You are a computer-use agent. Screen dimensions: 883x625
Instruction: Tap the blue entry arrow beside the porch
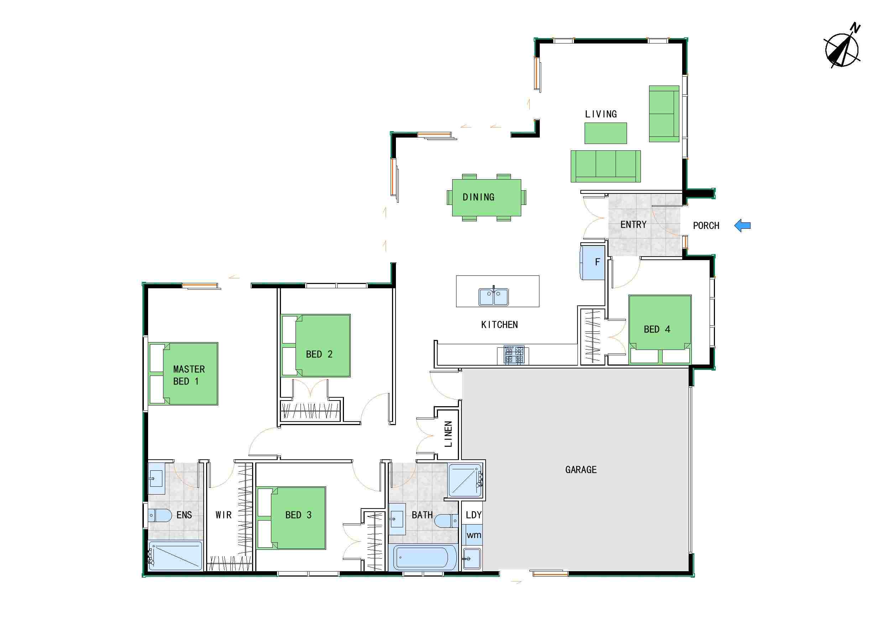(x=743, y=226)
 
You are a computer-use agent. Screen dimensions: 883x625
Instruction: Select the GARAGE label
(x=581, y=470)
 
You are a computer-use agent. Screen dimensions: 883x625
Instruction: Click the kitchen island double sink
(x=493, y=297)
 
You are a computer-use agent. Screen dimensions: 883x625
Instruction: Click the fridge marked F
(x=592, y=263)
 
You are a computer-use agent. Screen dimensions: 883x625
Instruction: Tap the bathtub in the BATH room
(x=422, y=558)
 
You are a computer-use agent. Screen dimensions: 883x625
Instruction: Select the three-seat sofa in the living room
(x=606, y=166)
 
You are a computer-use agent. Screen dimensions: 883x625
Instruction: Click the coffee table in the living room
(x=606, y=133)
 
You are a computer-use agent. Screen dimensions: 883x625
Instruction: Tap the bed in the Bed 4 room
(x=660, y=329)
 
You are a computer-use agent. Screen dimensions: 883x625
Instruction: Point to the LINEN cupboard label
(x=448, y=434)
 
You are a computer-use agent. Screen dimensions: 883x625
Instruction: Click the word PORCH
(x=706, y=226)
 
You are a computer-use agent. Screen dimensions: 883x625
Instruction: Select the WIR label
(x=224, y=515)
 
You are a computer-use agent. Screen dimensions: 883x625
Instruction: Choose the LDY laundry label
(x=474, y=515)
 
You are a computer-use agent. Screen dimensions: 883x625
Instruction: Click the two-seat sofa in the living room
(x=664, y=114)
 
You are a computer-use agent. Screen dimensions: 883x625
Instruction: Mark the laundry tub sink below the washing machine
(x=471, y=558)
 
